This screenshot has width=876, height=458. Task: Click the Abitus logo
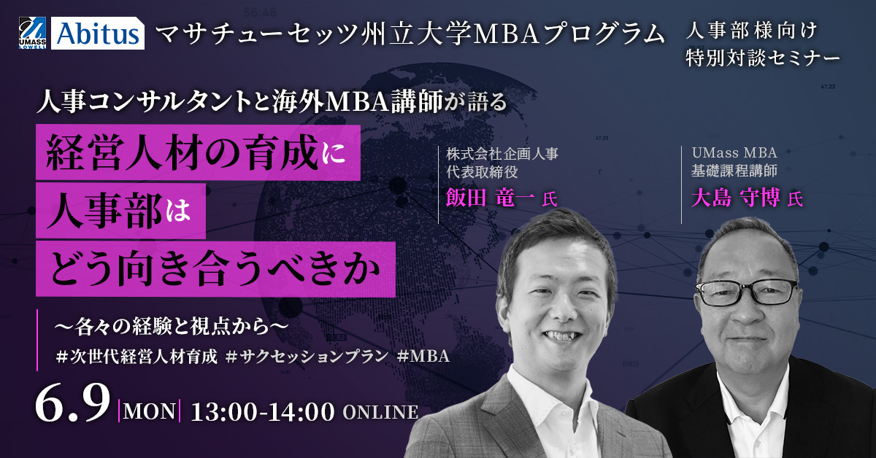(x=97, y=34)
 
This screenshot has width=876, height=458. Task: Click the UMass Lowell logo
(x=32, y=34)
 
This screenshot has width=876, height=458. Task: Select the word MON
(x=149, y=412)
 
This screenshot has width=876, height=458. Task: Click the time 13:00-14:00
(x=262, y=412)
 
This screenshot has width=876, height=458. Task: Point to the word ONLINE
(x=380, y=413)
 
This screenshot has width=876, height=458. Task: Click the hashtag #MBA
(x=423, y=356)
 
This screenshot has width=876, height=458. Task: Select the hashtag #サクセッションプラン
(x=307, y=356)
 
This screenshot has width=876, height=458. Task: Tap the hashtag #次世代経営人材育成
(x=137, y=356)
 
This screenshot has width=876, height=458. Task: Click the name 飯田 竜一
(x=490, y=198)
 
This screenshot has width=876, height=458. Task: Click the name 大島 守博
(x=736, y=198)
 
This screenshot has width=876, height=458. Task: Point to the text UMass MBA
(x=734, y=153)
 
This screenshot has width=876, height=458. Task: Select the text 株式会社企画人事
(x=502, y=154)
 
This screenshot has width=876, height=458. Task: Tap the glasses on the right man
(x=746, y=291)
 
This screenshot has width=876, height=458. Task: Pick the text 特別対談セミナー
(x=763, y=58)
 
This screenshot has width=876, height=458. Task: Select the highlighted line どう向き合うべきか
(x=215, y=269)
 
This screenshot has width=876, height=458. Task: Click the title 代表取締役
(x=483, y=172)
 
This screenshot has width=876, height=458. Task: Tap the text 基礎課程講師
(x=734, y=171)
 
